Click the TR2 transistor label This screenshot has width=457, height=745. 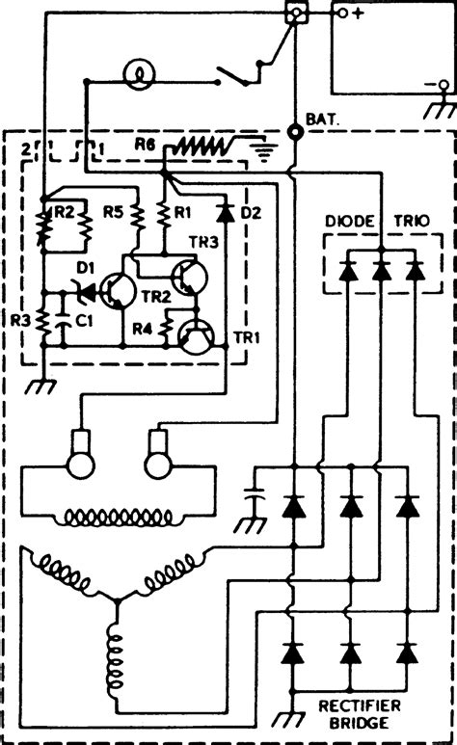coord(158,296)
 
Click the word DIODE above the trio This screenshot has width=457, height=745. coord(344,220)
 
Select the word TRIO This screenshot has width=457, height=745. coord(411,220)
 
